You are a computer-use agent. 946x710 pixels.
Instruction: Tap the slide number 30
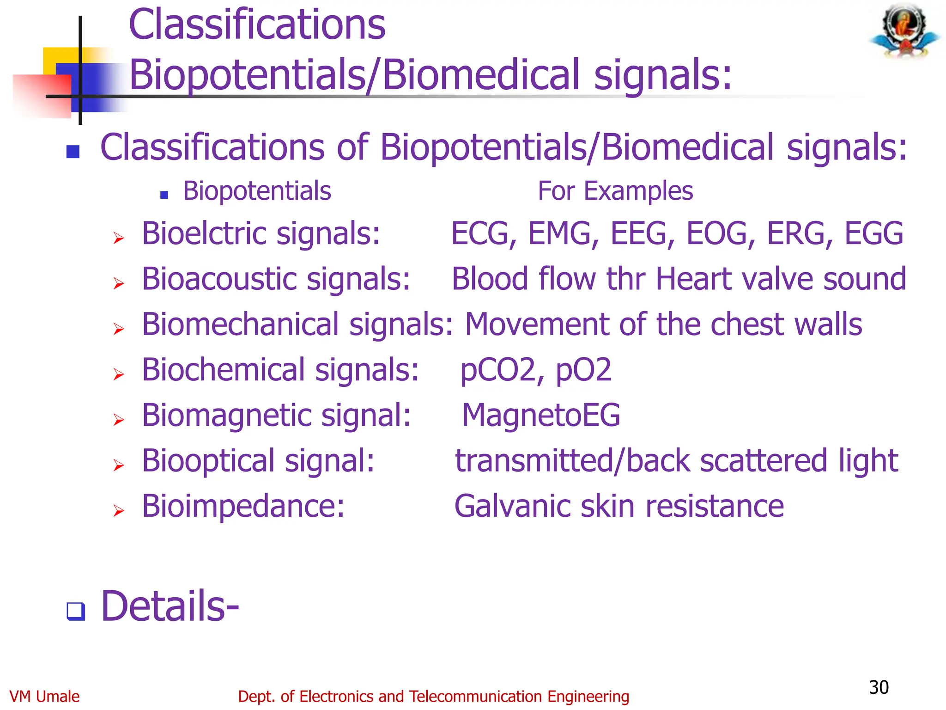point(879,687)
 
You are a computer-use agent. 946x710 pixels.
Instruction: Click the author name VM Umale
point(44,697)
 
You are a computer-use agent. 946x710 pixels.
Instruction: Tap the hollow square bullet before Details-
point(76,611)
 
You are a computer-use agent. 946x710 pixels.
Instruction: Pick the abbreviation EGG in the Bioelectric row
point(874,233)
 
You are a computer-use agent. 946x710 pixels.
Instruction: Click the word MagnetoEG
point(541,415)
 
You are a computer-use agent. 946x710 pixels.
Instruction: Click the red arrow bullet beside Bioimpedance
point(119,511)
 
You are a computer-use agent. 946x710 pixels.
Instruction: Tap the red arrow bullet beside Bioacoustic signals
point(119,283)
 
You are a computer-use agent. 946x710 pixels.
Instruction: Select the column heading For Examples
point(615,191)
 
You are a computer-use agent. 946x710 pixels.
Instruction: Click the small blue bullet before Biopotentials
point(164,195)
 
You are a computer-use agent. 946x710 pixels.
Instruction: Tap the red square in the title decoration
point(42,96)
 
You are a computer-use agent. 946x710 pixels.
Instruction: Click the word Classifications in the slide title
point(257,25)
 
